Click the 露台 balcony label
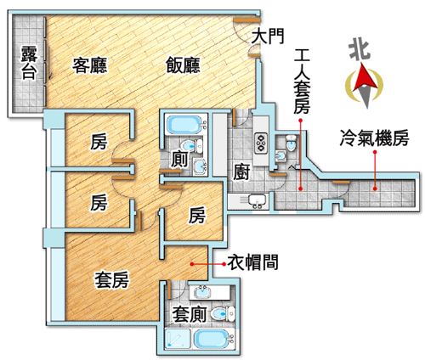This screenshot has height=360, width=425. tap(29, 62)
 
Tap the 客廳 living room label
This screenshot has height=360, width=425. tap(89, 65)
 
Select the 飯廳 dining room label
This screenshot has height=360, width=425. tap(183, 65)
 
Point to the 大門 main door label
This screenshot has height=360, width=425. tap(268, 37)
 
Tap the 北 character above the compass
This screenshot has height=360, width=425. tap(360, 50)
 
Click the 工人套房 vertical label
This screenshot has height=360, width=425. tap(302, 82)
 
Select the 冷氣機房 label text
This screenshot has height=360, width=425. tap(374, 138)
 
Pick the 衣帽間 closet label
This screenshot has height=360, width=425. tap(252, 262)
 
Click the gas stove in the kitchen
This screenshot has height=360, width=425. tap(262, 143)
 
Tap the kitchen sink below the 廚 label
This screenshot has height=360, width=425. tap(257, 200)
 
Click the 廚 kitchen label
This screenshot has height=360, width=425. tap(241, 172)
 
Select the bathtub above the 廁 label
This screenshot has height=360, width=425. tap(184, 125)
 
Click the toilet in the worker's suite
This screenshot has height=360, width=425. tap(291, 143)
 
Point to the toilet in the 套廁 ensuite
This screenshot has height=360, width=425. tap(223, 314)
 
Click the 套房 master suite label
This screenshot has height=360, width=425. tap(111, 280)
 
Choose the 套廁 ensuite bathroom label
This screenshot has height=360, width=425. tap(189, 314)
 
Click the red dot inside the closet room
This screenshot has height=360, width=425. tap(192, 264)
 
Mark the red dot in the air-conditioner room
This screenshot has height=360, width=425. tap(375, 188)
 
